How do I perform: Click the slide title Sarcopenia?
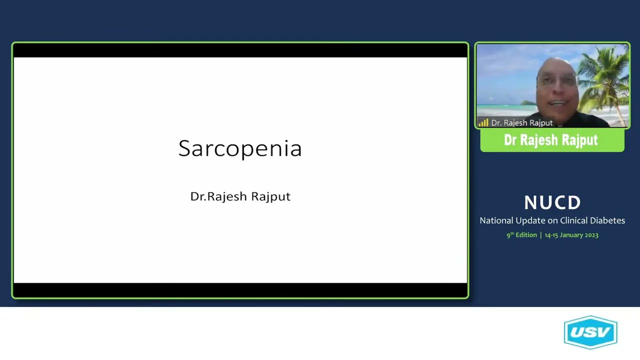click(240, 148)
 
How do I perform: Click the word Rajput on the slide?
click(270, 196)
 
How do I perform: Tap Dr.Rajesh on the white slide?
click(218, 196)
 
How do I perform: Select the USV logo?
click(590, 332)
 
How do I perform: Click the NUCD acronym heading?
click(552, 202)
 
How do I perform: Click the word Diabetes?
click(606, 220)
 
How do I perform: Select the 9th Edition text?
click(521, 235)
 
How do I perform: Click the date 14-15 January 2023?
click(571, 235)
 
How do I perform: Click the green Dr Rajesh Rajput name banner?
click(551, 140)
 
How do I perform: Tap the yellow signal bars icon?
click(483, 122)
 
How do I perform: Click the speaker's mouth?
click(558, 103)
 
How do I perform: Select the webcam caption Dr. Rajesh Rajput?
click(521, 122)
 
